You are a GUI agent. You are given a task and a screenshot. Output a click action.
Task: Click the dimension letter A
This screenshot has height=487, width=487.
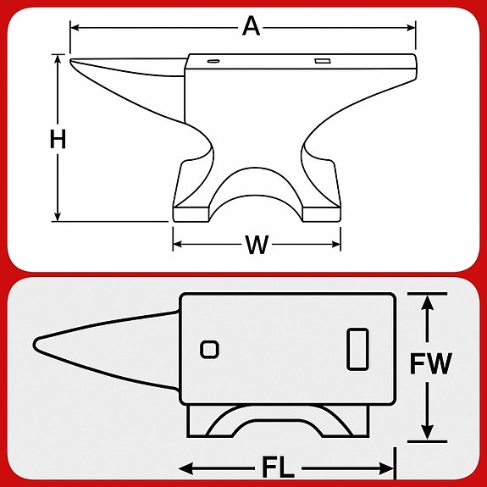coord(251,26)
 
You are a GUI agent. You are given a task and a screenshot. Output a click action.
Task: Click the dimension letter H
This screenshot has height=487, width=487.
coord(58,140)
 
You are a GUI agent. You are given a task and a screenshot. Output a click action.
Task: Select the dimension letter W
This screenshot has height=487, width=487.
coord(257,246)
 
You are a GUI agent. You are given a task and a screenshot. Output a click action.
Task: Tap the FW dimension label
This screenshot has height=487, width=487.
coord(431,364)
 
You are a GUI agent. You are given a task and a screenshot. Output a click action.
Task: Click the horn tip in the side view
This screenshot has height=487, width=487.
coord(72,61)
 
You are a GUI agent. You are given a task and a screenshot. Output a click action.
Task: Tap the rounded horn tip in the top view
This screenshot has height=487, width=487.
coord(36,344)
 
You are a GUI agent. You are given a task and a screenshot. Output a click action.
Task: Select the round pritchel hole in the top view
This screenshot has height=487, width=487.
coord(209,348)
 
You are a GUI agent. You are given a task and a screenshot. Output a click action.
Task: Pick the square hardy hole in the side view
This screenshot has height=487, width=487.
coord(321,61)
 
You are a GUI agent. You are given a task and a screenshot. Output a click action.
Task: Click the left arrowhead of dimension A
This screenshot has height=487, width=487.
coord(74,28)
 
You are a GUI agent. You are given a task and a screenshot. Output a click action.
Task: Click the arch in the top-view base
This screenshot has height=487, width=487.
coord(275,422)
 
